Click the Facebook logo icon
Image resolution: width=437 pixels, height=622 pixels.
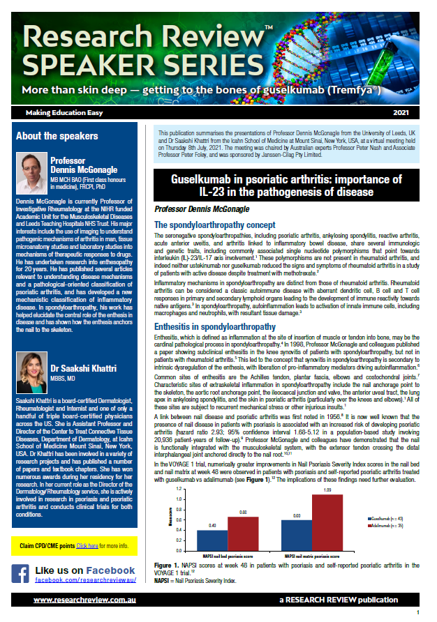(x=22, y=574)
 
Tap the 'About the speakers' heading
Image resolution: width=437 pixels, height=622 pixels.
(x=57, y=136)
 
